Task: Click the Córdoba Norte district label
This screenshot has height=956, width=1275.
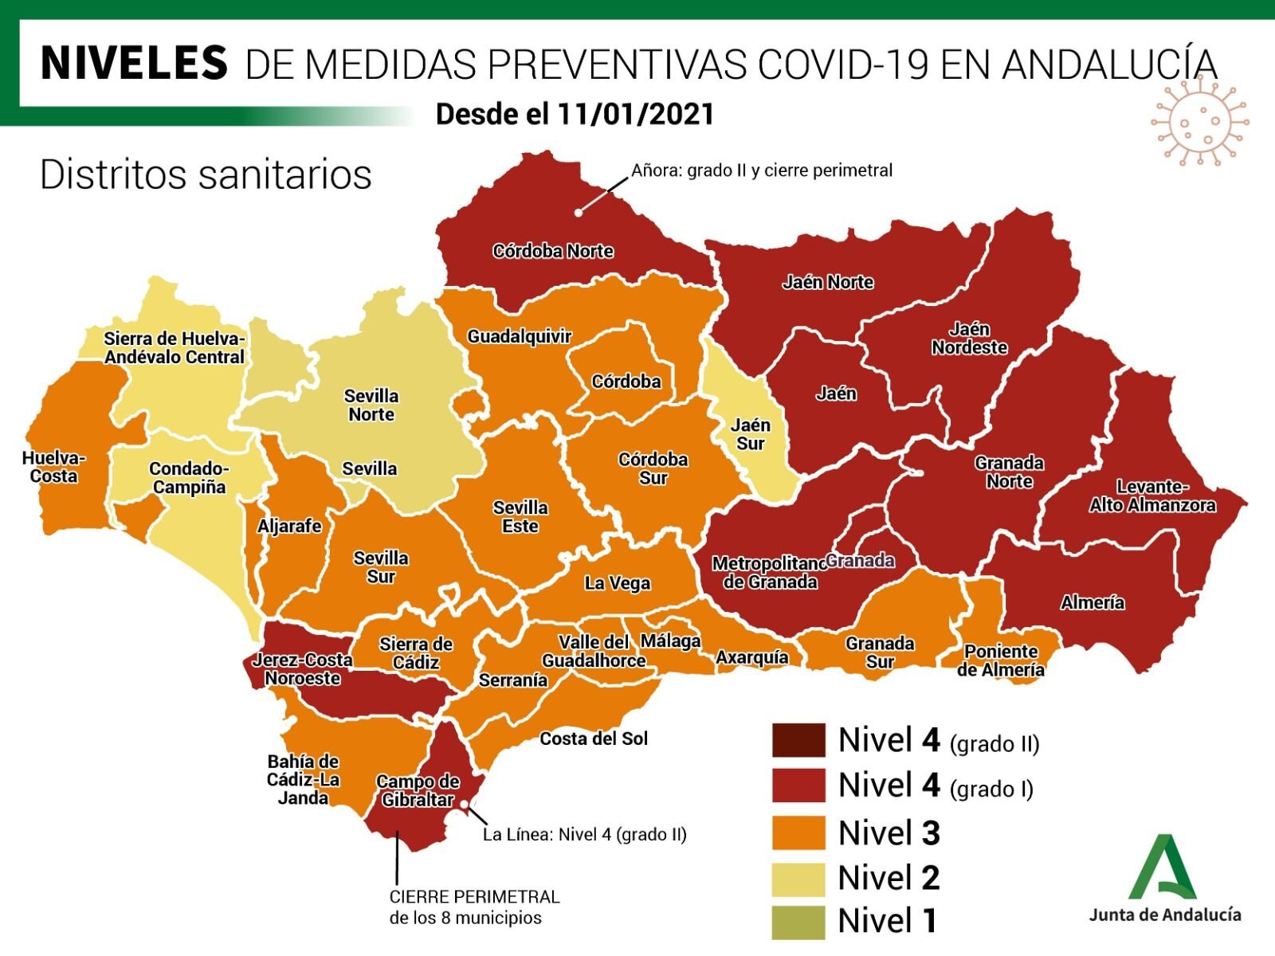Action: click(553, 251)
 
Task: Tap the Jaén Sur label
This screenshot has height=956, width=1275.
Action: click(751, 434)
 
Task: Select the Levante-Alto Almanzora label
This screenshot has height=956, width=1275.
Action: click(1152, 496)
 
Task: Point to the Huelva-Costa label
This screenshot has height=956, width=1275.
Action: click(53, 467)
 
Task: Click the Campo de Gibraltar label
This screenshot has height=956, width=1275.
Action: click(418, 790)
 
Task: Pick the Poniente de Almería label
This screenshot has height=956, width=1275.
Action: click(1001, 660)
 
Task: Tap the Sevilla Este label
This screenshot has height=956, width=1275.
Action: click(520, 516)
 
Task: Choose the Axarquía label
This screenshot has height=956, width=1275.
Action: click(752, 657)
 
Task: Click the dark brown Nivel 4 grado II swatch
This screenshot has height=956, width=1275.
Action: click(798, 740)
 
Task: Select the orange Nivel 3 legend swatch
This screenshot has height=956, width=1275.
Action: click(798, 833)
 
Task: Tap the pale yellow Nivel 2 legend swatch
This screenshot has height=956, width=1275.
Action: click(798, 877)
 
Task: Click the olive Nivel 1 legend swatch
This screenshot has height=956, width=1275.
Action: click(798, 922)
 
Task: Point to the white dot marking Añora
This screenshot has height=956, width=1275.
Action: click(579, 213)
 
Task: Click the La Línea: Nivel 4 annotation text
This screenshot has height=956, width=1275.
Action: click(585, 834)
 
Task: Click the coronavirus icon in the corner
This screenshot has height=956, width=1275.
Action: click(1198, 121)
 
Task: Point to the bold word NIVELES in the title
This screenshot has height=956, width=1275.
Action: click(134, 63)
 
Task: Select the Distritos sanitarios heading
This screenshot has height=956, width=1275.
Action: click(206, 174)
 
